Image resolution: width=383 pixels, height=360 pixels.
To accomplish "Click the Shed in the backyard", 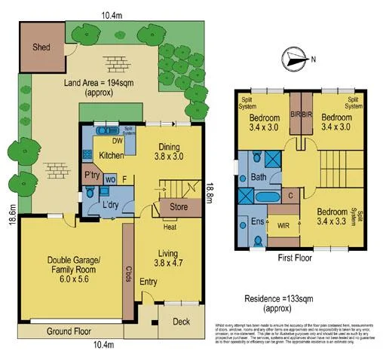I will point(41,47).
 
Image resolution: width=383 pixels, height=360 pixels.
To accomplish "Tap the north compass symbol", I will point(294,59).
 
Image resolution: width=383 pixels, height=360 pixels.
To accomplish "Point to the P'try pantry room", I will point(92,175).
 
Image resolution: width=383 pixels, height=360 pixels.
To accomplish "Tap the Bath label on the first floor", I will point(259,178).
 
